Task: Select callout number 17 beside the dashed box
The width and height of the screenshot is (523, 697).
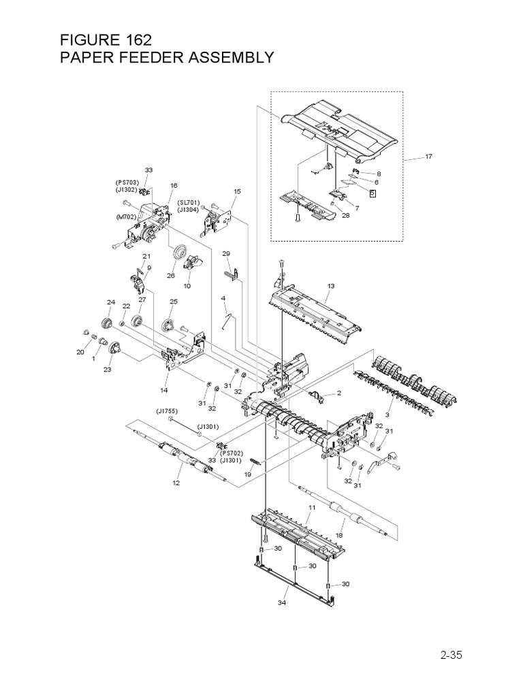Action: [x=428, y=157]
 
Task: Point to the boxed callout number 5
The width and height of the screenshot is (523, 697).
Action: [x=372, y=193]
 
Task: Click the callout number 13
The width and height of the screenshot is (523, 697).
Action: [x=331, y=287]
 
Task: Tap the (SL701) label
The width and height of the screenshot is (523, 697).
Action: [x=188, y=202]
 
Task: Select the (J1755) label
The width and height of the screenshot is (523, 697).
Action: [x=167, y=410]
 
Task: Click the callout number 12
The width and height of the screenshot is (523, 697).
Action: [x=176, y=483]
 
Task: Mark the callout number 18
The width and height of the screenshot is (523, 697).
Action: [x=339, y=536]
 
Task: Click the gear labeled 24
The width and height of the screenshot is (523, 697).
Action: [x=107, y=323]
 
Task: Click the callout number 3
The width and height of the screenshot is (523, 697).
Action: [x=387, y=415]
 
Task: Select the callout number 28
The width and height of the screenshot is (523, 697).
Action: [x=346, y=216]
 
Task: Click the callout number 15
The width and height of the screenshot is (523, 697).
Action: [x=237, y=192]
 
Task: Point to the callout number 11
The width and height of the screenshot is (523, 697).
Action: [x=312, y=508]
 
